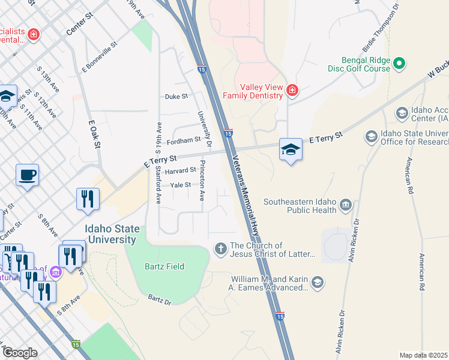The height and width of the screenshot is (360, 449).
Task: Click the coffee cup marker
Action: [x=27, y=176]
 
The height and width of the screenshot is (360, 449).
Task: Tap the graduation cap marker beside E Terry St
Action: [x=291, y=150]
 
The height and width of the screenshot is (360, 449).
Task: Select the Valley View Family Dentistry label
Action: [x=253, y=91]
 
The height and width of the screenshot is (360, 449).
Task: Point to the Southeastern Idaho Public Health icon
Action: [x=346, y=206]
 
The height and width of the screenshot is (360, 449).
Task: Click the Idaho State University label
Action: [x=112, y=234]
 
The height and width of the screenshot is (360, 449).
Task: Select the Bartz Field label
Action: [x=164, y=266]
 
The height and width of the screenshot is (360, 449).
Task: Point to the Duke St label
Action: [x=176, y=96]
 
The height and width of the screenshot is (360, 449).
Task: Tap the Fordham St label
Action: [x=183, y=140]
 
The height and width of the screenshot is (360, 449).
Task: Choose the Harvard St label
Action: [x=180, y=170]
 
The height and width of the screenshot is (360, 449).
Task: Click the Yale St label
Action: [x=180, y=185]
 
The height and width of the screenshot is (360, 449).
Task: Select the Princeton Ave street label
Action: [x=202, y=180]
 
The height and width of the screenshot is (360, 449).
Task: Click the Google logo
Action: [x=19, y=353]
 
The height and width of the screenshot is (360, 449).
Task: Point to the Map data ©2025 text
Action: [x=423, y=355]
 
